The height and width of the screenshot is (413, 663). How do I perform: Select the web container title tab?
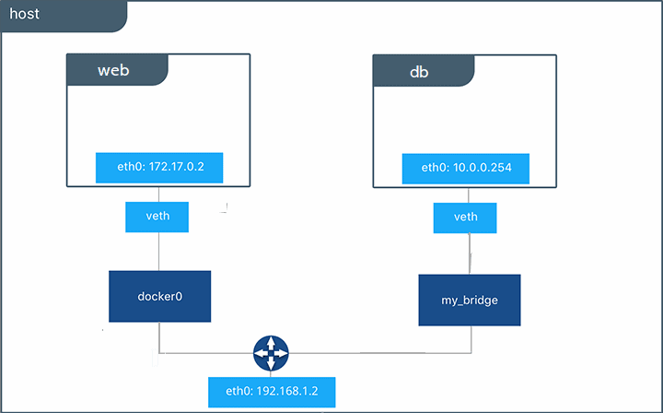tap(117, 70)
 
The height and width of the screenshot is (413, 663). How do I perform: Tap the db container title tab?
tap(423, 70)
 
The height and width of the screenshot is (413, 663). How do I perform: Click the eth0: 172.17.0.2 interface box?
tap(160, 168)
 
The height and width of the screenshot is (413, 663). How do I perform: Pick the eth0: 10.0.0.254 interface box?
tap(465, 168)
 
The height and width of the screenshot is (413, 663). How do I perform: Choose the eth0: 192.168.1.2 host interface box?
tap(271, 391)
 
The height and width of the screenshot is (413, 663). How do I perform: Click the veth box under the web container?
tap(159, 217)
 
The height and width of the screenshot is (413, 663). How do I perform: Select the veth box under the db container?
tap(465, 217)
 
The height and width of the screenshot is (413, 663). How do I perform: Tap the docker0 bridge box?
tap(159, 296)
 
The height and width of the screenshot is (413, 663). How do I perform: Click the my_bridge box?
tap(469, 300)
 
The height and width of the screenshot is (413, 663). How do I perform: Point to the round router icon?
tap(271, 353)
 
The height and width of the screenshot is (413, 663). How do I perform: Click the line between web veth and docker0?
tap(159, 251)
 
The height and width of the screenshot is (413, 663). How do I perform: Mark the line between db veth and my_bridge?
tap(471, 253)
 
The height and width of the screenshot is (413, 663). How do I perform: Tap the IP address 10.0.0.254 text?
tap(482, 168)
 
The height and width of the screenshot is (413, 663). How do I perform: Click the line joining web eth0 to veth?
tap(159, 192)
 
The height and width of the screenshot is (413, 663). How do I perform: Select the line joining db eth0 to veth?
tap(465, 192)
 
